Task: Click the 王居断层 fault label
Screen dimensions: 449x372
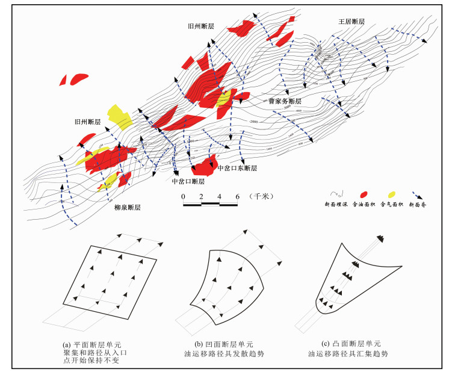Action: [x=351, y=22]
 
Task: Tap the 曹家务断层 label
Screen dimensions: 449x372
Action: [x=284, y=101]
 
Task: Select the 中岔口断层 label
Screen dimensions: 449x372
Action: [x=188, y=181]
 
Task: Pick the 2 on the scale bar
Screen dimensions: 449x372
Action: [x=201, y=197]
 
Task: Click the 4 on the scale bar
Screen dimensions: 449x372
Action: [x=220, y=197]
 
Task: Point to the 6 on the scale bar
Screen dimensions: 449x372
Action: [x=238, y=197]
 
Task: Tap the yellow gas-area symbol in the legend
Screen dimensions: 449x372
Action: [x=392, y=194]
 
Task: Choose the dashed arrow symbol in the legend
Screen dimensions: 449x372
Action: [x=420, y=194]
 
